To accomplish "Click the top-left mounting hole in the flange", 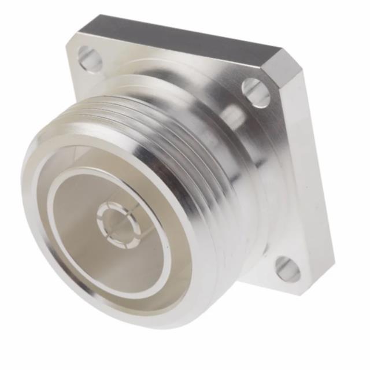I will (90, 59).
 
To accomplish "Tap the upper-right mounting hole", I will (256, 92).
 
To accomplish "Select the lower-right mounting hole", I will (287, 269).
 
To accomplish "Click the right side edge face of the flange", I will (315, 185).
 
